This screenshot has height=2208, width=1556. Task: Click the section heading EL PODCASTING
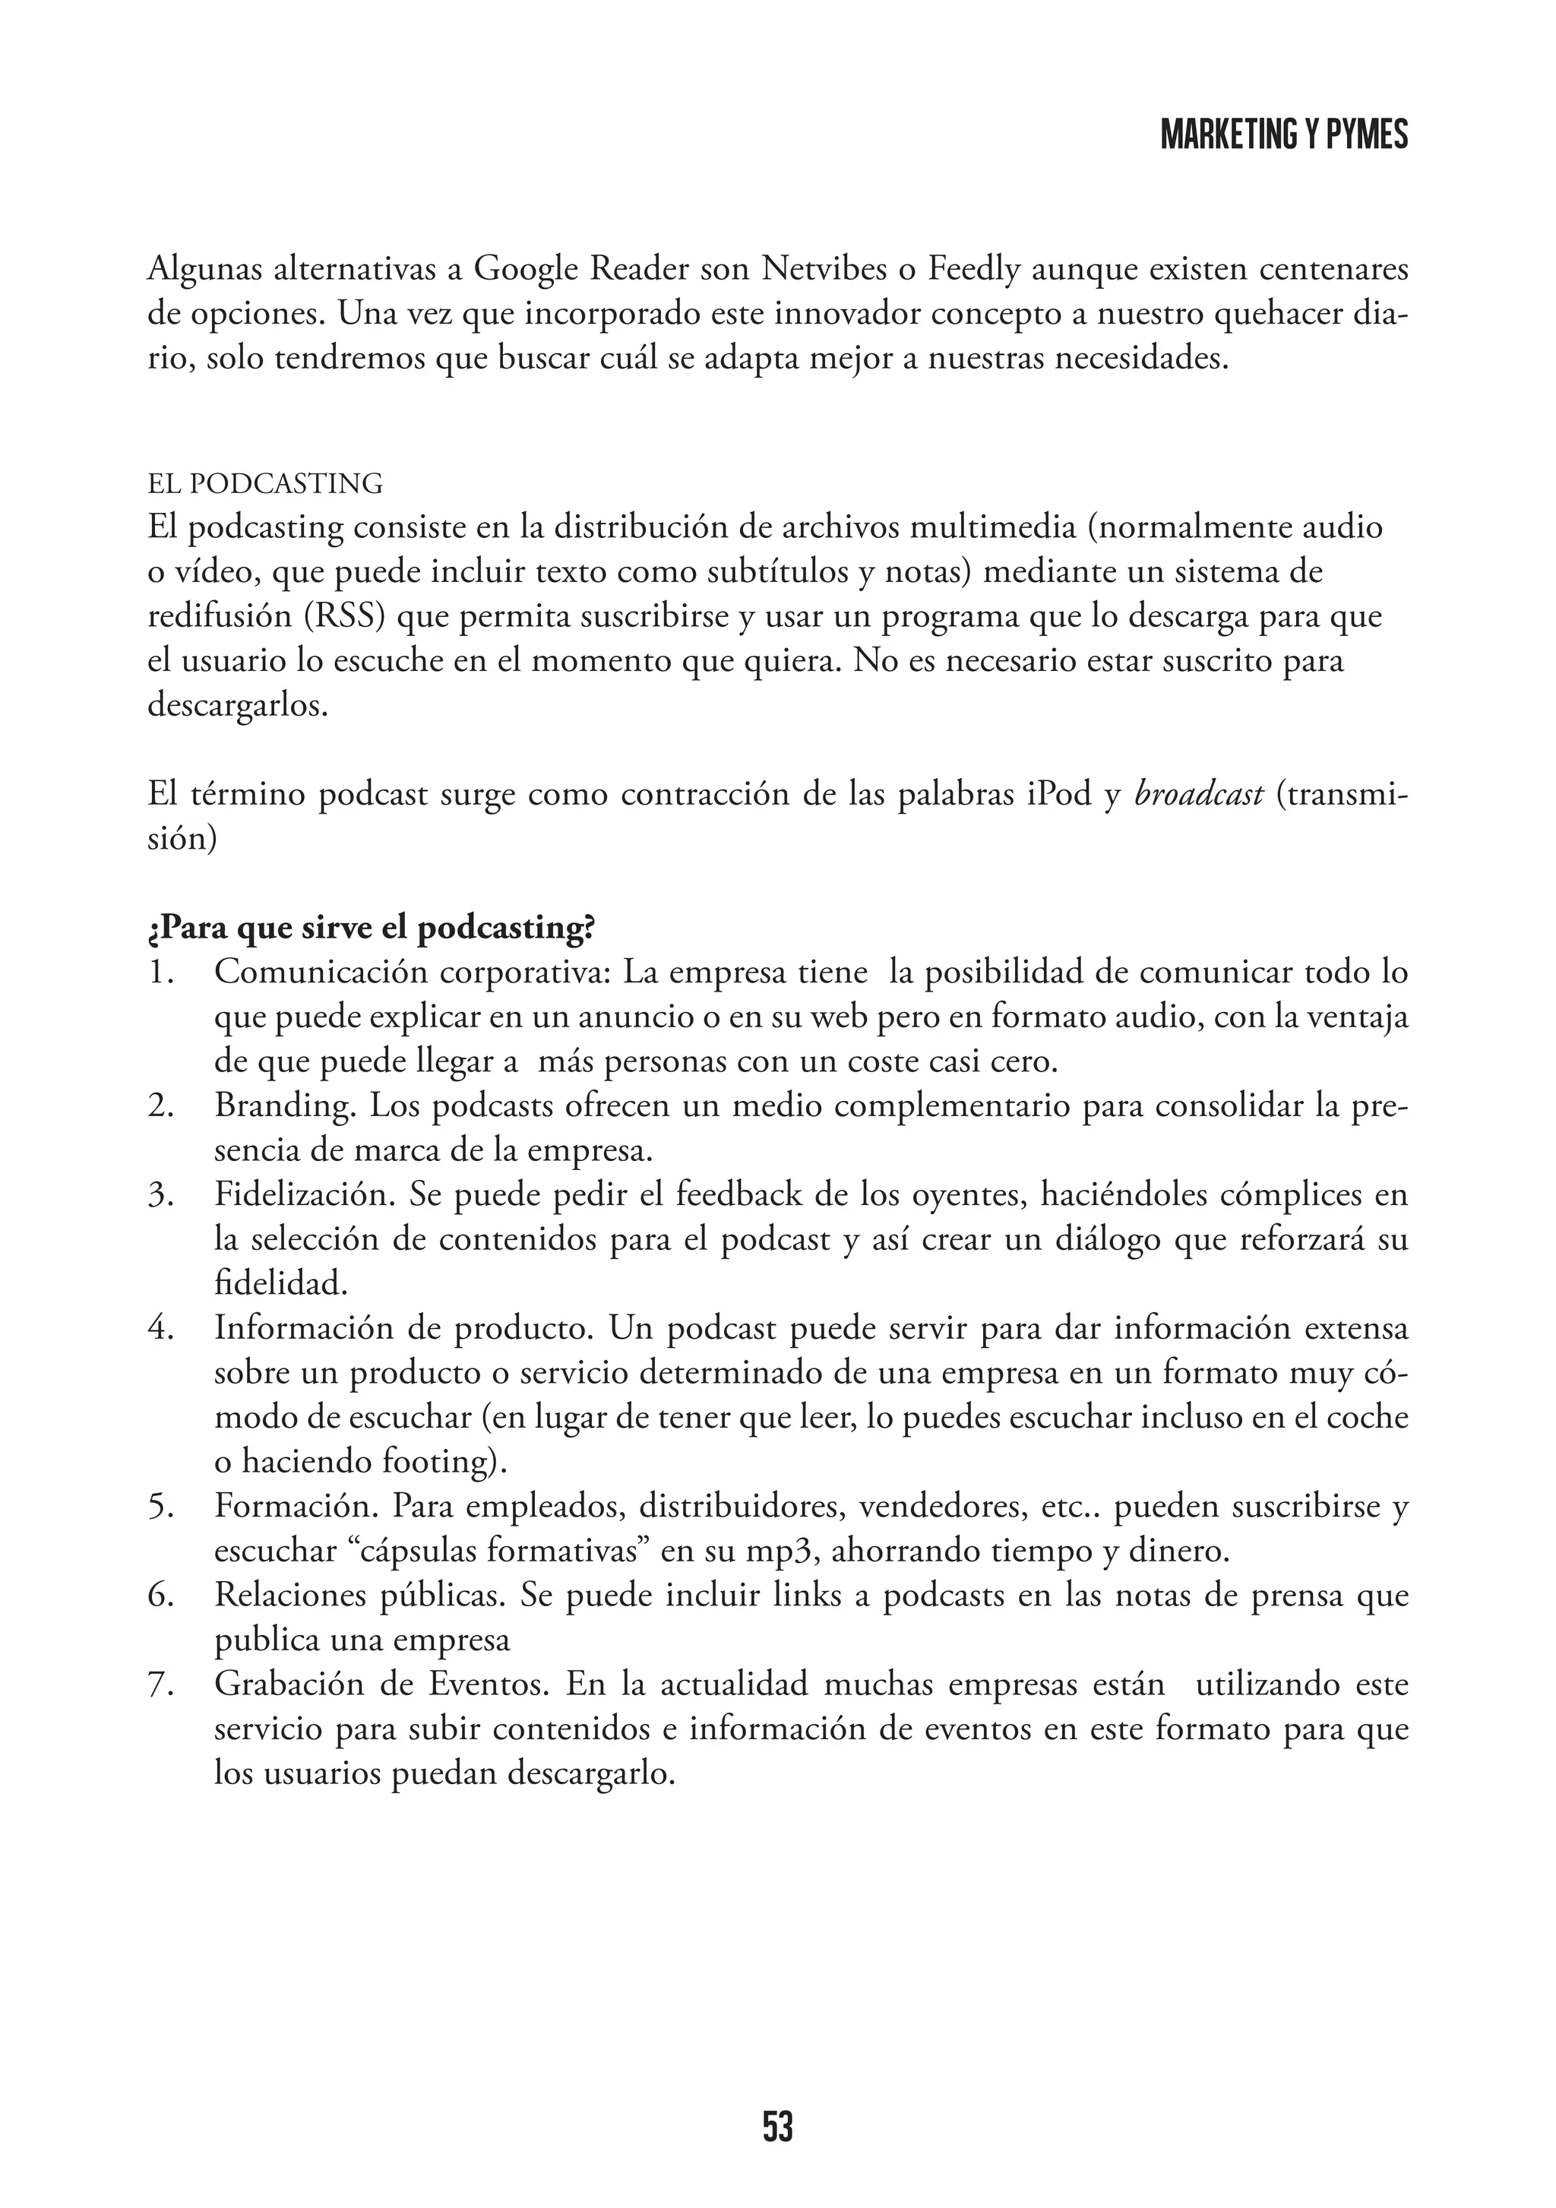pyautogui.click(x=265, y=484)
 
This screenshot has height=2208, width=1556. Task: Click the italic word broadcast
pyautogui.click(x=1198, y=796)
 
